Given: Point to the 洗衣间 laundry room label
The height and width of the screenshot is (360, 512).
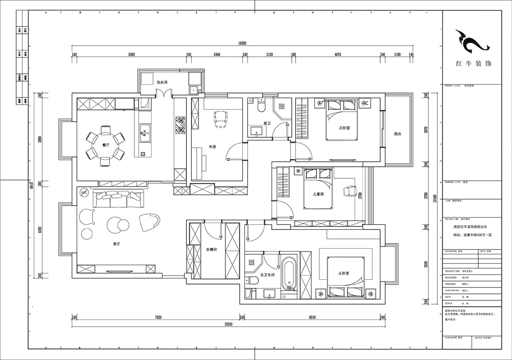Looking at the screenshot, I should (x=161, y=82).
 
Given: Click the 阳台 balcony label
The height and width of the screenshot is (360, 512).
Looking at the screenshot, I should (x=397, y=134).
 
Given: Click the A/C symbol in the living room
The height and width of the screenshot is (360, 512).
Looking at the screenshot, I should (x=84, y=193).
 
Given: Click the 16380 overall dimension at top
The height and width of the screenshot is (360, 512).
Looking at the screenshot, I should (x=242, y=43).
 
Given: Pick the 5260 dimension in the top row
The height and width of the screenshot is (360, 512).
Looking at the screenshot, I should (x=131, y=55).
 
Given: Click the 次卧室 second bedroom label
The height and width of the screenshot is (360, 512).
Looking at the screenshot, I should (x=344, y=128).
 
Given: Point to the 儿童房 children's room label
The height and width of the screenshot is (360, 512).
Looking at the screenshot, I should (x=319, y=194).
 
